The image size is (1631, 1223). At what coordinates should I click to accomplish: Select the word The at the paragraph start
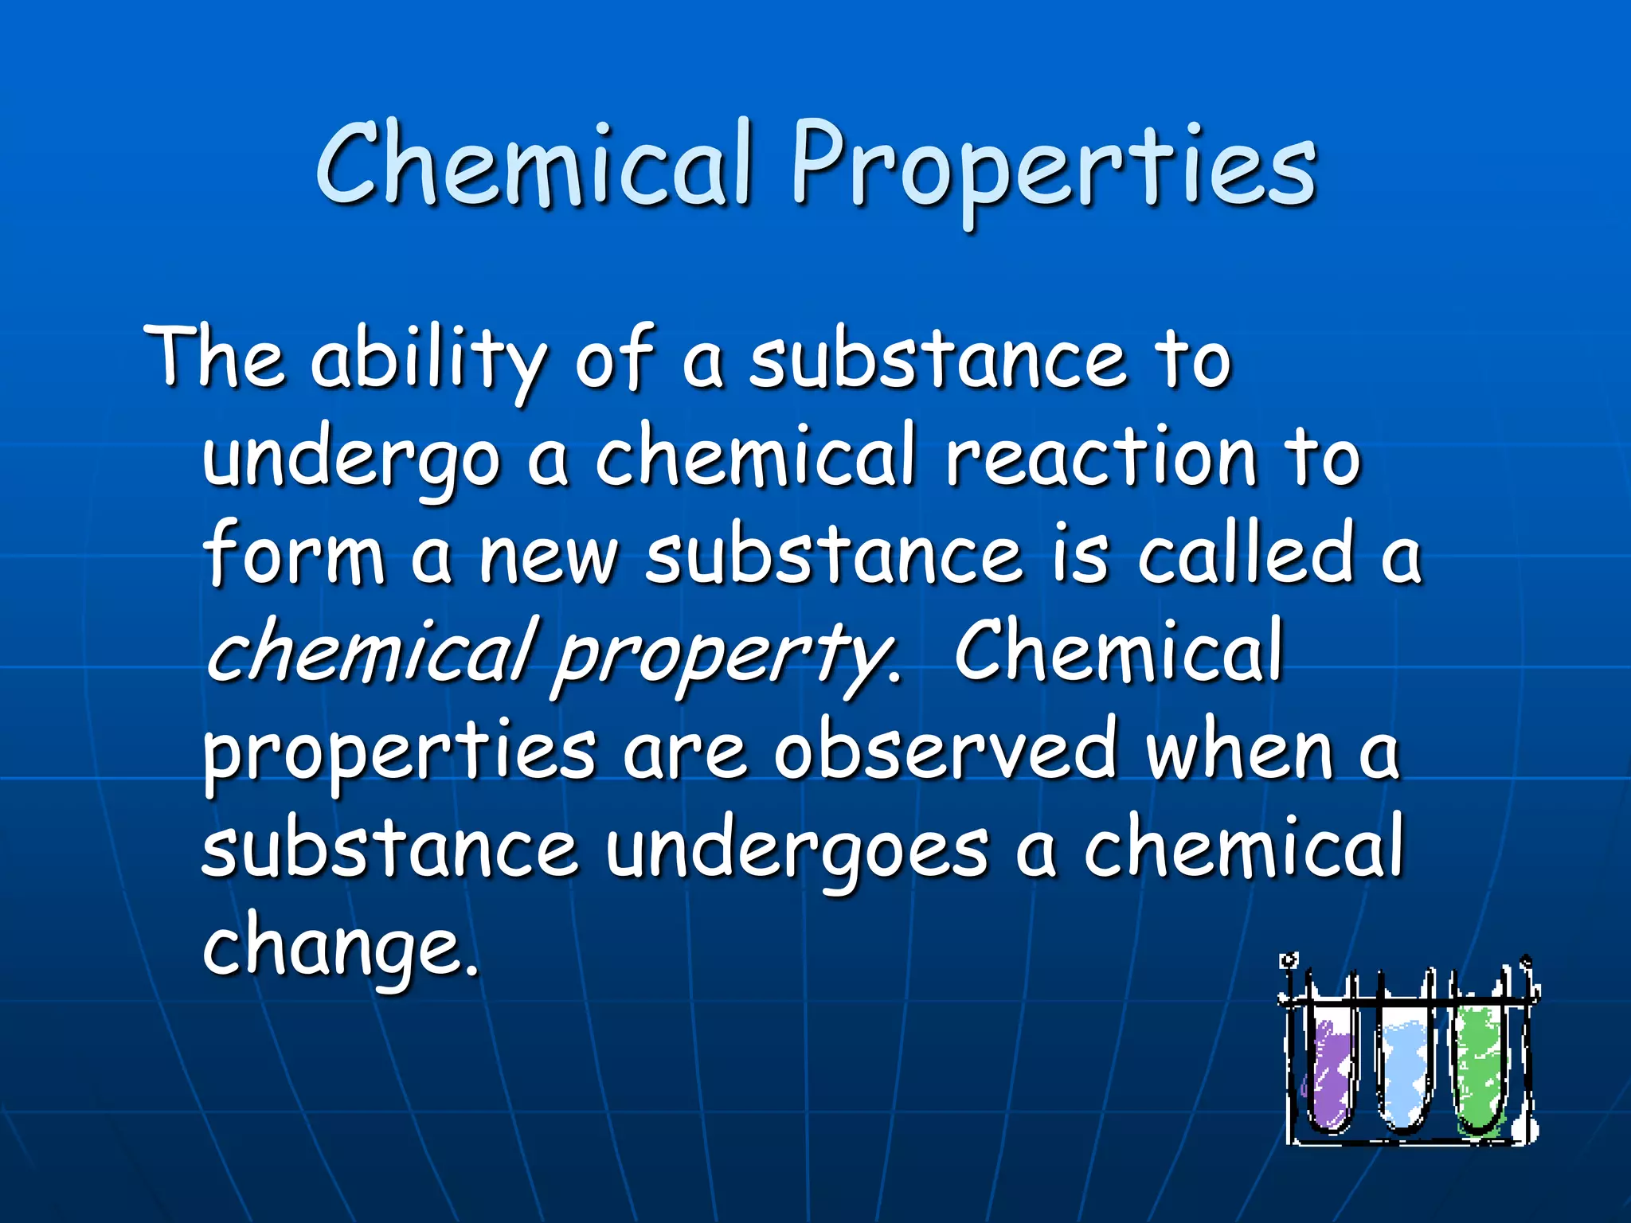[x=214, y=358]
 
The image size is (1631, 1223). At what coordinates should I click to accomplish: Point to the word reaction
[x=1100, y=457]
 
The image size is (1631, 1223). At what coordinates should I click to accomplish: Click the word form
[x=295, y=553]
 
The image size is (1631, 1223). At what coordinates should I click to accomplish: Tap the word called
[x=1246, y=553]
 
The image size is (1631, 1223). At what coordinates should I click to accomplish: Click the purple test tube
[x=1329, y=1076]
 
